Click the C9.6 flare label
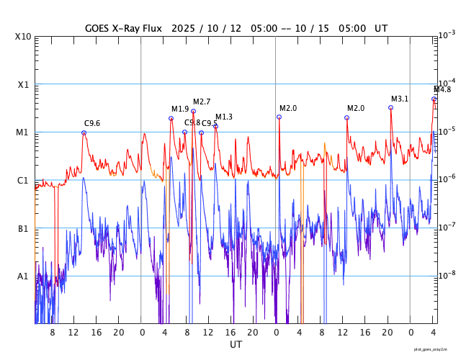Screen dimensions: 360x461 point(92,124)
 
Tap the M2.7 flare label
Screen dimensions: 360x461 point(202,102)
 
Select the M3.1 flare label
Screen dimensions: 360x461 point(400,99)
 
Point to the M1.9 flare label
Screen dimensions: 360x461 point(180,109)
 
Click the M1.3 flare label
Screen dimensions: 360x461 point(224,117)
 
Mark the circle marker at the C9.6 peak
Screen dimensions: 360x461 point(84,132)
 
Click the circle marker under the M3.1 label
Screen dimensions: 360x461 point(391,107)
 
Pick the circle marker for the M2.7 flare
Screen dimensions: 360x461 point(193,111)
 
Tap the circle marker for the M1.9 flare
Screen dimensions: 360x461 point(171,118)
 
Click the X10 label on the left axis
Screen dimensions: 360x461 point(23,37)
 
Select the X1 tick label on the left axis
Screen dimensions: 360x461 point(23,84)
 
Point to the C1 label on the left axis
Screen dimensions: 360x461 point(23,180)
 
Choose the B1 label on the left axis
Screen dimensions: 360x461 point(23,228)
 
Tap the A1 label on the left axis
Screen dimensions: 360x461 point(23,276)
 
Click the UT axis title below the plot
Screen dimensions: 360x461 point(236,345)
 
